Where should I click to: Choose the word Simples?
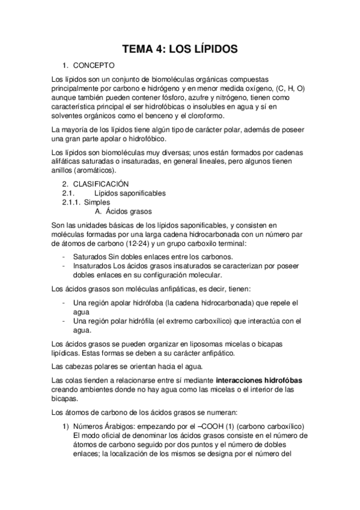pyautogui.click(x=97, y=203)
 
